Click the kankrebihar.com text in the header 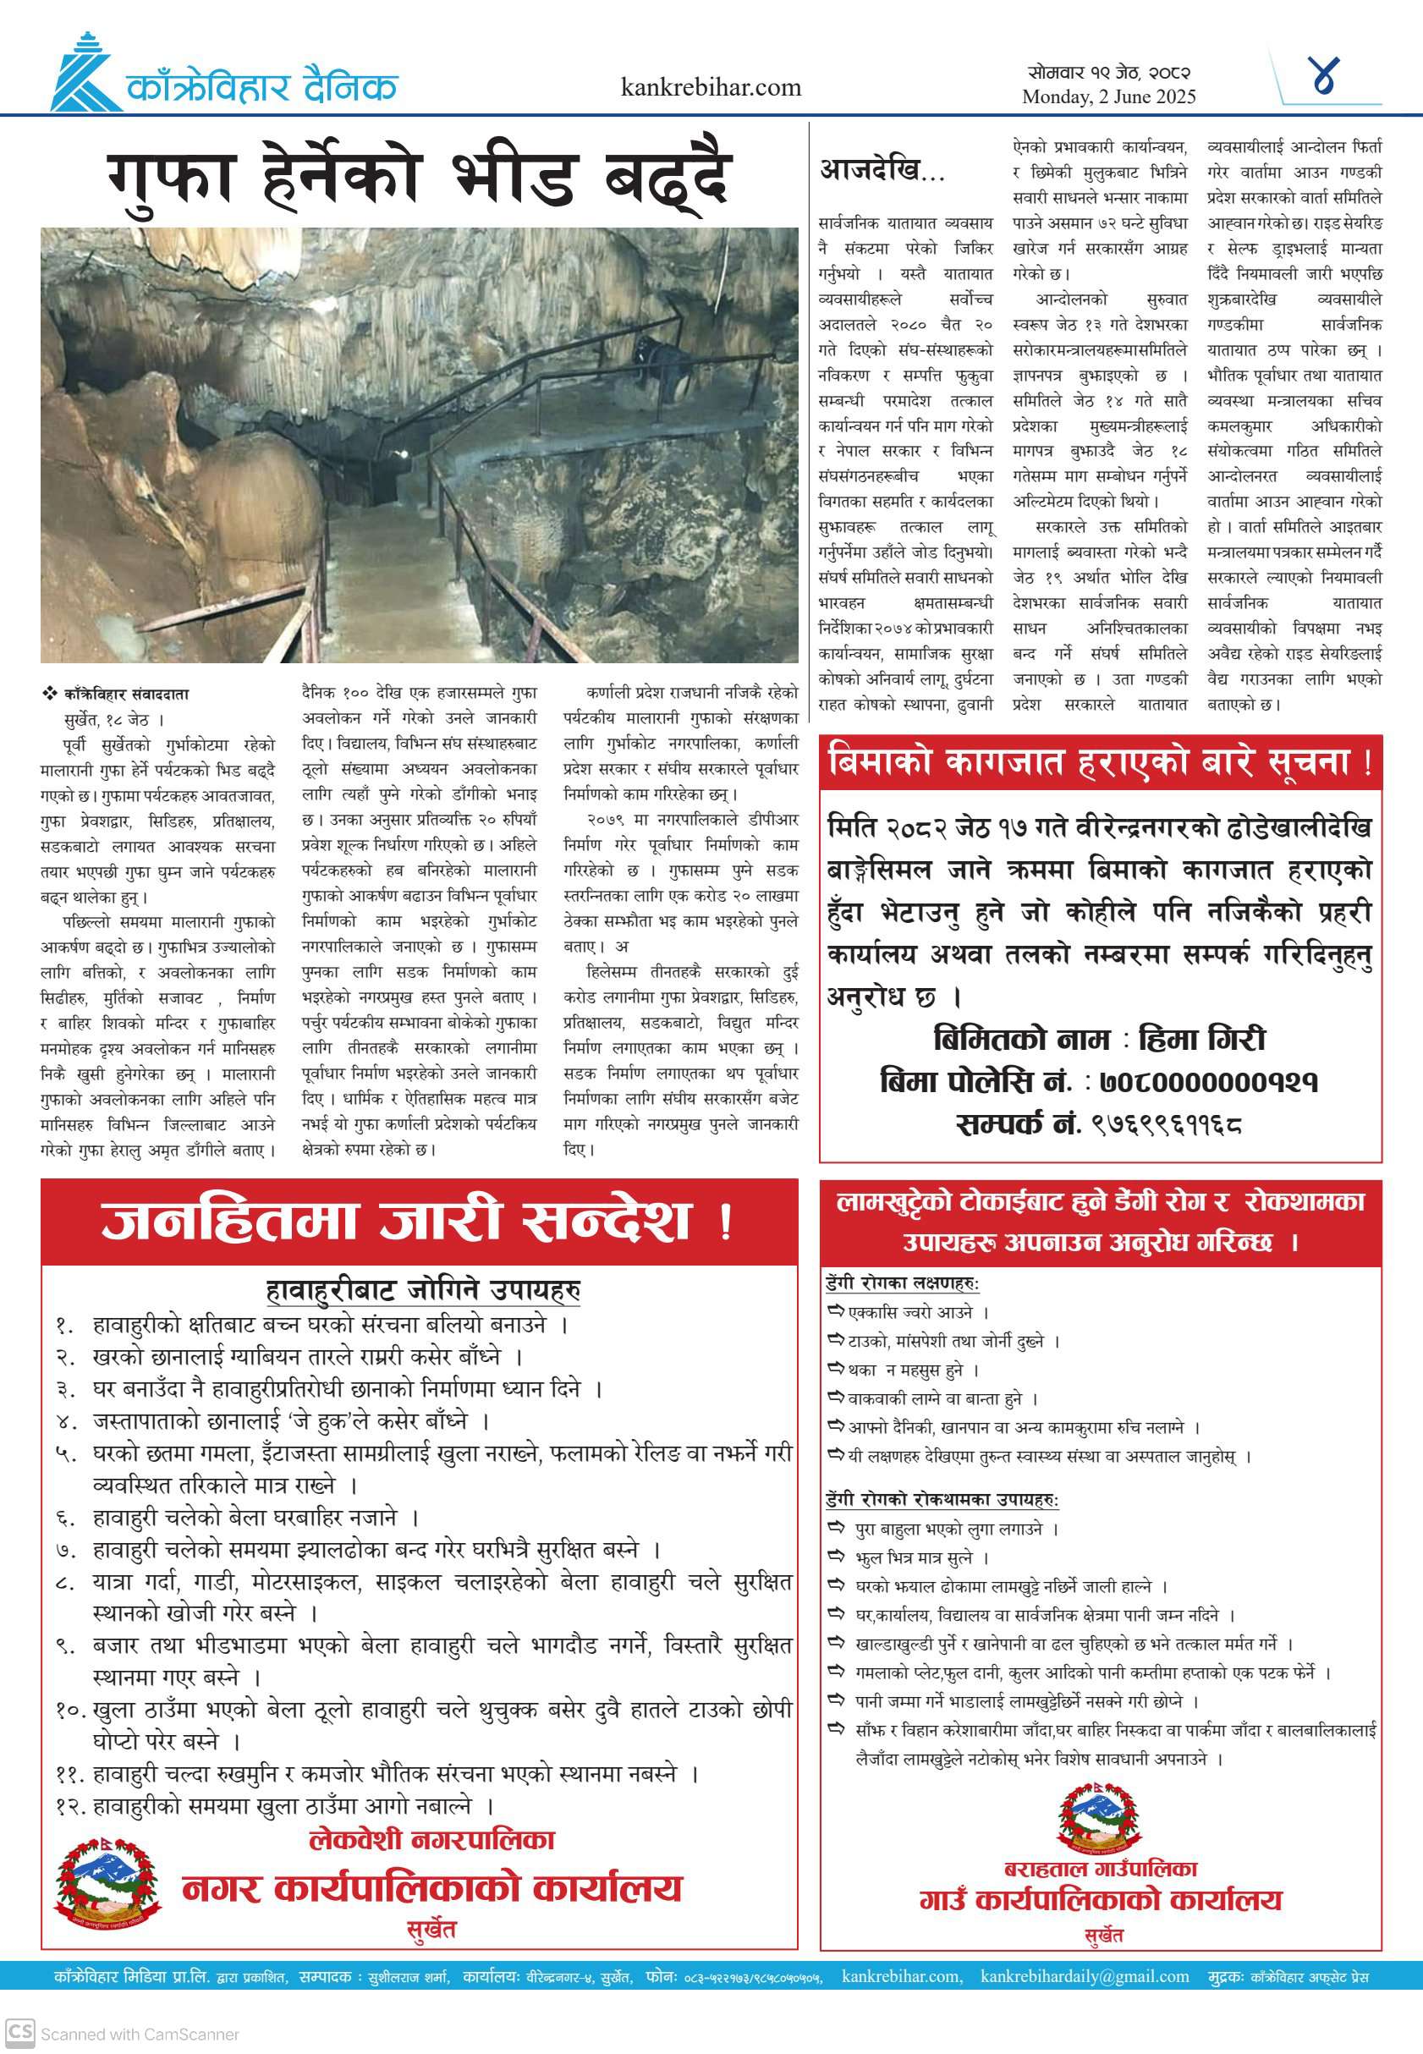click(711, 87)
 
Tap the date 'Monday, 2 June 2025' click(1108, 97)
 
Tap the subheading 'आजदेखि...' click(881, 169)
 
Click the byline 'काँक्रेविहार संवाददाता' click(126, 695)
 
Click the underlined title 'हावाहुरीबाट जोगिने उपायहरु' click(423, 1290)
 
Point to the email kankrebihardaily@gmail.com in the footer click(1085, 1976)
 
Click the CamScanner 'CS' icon click(19, 2034)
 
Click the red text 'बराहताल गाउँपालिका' click(1100, 1869)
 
